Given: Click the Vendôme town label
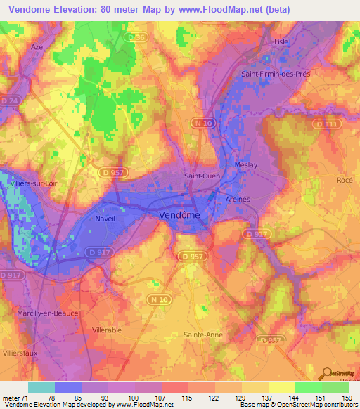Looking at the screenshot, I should pyautogui.click(x=179, y=214).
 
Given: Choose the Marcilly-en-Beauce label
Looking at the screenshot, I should pyautogui.click(x=39, y=313).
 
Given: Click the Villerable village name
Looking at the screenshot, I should pyautogui.click(x=107, y=329).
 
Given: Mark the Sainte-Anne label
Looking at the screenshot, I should pyautogui.click(x=203, y=335).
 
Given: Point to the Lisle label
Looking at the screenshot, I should pyautogui.click(x=281, y=41).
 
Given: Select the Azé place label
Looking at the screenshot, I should pyautogui.click(x=37, y=46).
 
